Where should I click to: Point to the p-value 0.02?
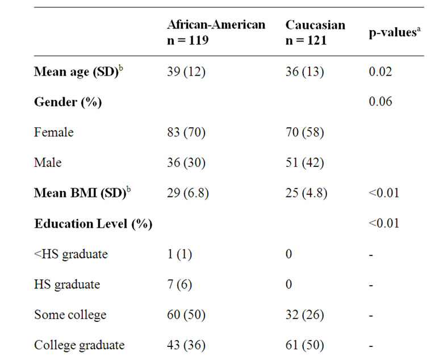380,72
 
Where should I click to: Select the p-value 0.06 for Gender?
380,102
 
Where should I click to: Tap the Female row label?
54,132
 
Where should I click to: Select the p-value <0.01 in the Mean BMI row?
383,193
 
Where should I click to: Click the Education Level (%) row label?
93,223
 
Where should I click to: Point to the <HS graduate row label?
70,254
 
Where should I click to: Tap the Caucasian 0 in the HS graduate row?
288,284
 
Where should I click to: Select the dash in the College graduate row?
371,345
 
